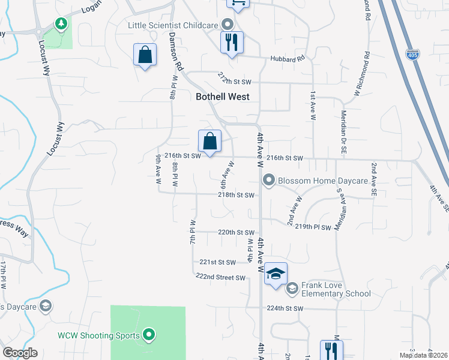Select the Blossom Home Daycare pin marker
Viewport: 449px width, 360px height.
(269, 180)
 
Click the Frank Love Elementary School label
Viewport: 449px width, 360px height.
(336, 289)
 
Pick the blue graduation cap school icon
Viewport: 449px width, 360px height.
(276, 274)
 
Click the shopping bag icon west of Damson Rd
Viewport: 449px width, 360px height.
(145, 55)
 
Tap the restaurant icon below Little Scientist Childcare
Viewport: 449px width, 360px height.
(231, 43)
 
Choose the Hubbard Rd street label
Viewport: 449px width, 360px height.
(292, 58)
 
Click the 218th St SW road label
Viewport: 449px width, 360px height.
(236, 195)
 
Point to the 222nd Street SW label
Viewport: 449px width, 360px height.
(221, 277)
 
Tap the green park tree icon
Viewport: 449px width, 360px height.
(60, 23)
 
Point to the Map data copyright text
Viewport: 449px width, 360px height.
(423, 355)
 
